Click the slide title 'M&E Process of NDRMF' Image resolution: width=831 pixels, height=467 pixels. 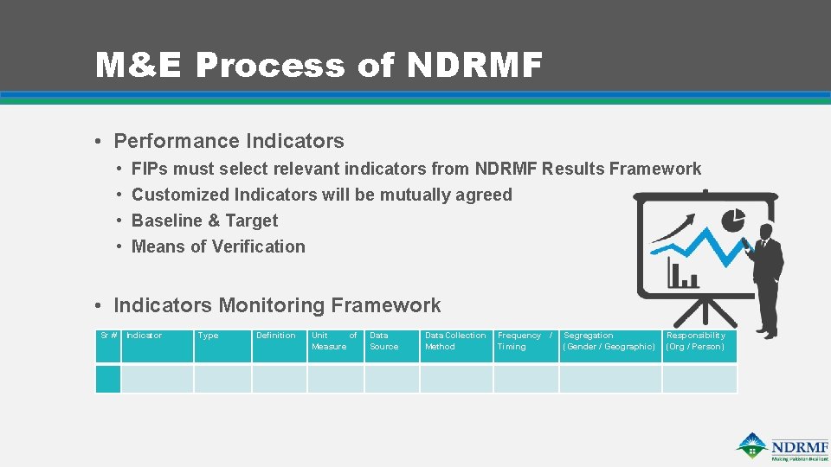319,65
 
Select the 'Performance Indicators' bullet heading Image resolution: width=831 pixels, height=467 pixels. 229,141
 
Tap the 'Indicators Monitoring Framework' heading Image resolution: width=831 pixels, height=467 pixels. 277,305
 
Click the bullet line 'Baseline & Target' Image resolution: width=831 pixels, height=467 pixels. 204,221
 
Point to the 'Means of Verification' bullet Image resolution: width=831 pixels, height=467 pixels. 218,246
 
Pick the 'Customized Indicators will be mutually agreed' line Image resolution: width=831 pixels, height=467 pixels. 321,195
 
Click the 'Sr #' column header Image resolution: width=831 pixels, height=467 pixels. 108,336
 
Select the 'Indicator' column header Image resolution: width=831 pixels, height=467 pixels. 145,336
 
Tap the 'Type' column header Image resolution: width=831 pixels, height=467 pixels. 208,336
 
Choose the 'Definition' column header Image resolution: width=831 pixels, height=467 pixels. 276,336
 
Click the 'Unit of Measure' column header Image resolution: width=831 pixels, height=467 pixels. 334,341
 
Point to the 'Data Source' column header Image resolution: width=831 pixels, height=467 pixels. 384,341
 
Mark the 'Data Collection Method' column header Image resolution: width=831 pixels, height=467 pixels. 455,341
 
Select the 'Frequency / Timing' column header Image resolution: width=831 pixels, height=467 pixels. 524,341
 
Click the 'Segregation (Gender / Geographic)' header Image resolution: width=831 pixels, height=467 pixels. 609,341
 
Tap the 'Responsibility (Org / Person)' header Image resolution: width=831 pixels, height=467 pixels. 696,341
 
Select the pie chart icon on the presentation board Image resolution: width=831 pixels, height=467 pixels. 733,218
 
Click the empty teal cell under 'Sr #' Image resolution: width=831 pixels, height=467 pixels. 108,379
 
